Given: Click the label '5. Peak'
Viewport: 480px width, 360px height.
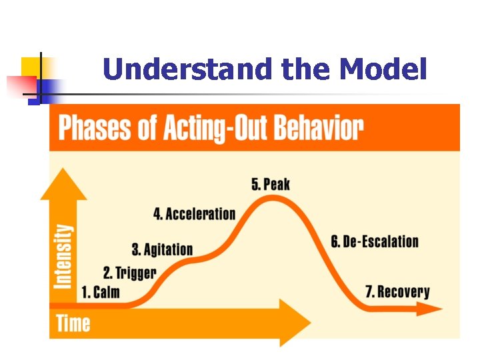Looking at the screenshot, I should (271, 184).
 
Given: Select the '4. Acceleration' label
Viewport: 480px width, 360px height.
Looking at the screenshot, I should (195, 214).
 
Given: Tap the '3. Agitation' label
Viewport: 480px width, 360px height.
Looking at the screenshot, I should (162, 250).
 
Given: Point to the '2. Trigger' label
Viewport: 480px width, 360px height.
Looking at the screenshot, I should (129, 273).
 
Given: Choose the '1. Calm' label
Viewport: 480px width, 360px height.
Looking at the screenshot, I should (101, 292).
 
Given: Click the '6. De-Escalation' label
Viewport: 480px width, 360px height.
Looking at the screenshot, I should (375, 241).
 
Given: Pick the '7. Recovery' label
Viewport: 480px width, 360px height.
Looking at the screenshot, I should (397, 291).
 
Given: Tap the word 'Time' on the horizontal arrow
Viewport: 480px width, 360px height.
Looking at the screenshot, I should (73, 323).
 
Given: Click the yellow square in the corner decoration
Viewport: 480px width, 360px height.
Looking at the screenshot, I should (31, 67).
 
